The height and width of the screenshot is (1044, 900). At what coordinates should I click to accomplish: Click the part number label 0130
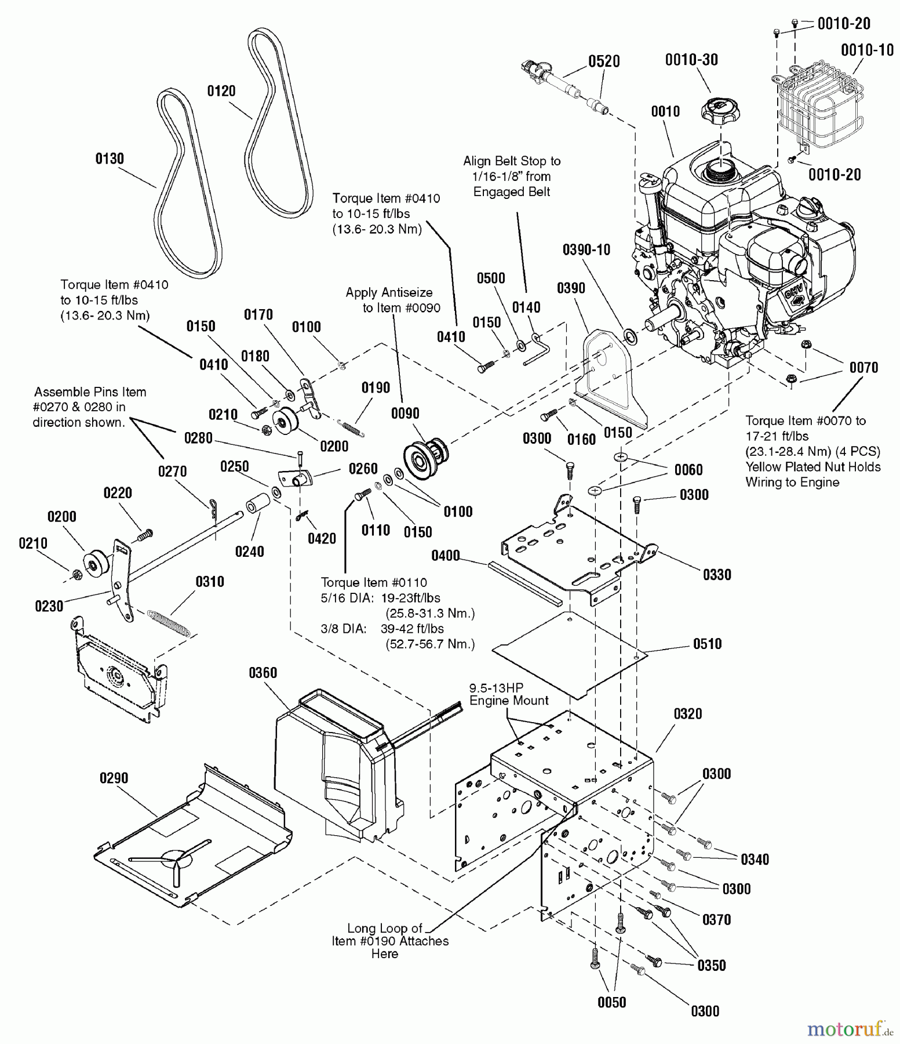(110, 158)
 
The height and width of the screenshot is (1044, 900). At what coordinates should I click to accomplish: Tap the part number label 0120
(221, 90)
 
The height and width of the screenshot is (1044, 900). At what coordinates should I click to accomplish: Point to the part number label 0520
(604, 61)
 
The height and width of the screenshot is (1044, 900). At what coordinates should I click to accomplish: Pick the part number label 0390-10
(586, 249)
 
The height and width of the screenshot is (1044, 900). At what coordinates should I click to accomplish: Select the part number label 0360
(263, 673)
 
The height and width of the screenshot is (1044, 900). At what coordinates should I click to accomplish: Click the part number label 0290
(114, 778)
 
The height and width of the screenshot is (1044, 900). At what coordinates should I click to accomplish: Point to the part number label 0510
(707, 644)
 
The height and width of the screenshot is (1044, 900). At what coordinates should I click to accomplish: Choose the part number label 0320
(688, 714)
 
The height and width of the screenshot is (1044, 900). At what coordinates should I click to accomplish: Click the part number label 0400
(445, 556)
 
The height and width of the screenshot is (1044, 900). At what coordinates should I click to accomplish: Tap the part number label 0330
(717, 575)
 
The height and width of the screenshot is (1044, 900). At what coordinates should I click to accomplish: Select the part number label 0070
(863, 367)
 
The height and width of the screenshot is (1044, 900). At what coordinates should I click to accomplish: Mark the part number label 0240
(249, 552)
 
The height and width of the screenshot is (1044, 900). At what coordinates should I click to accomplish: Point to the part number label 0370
(716, 920)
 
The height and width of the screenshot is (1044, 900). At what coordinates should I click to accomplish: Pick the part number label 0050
(611, 1003)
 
